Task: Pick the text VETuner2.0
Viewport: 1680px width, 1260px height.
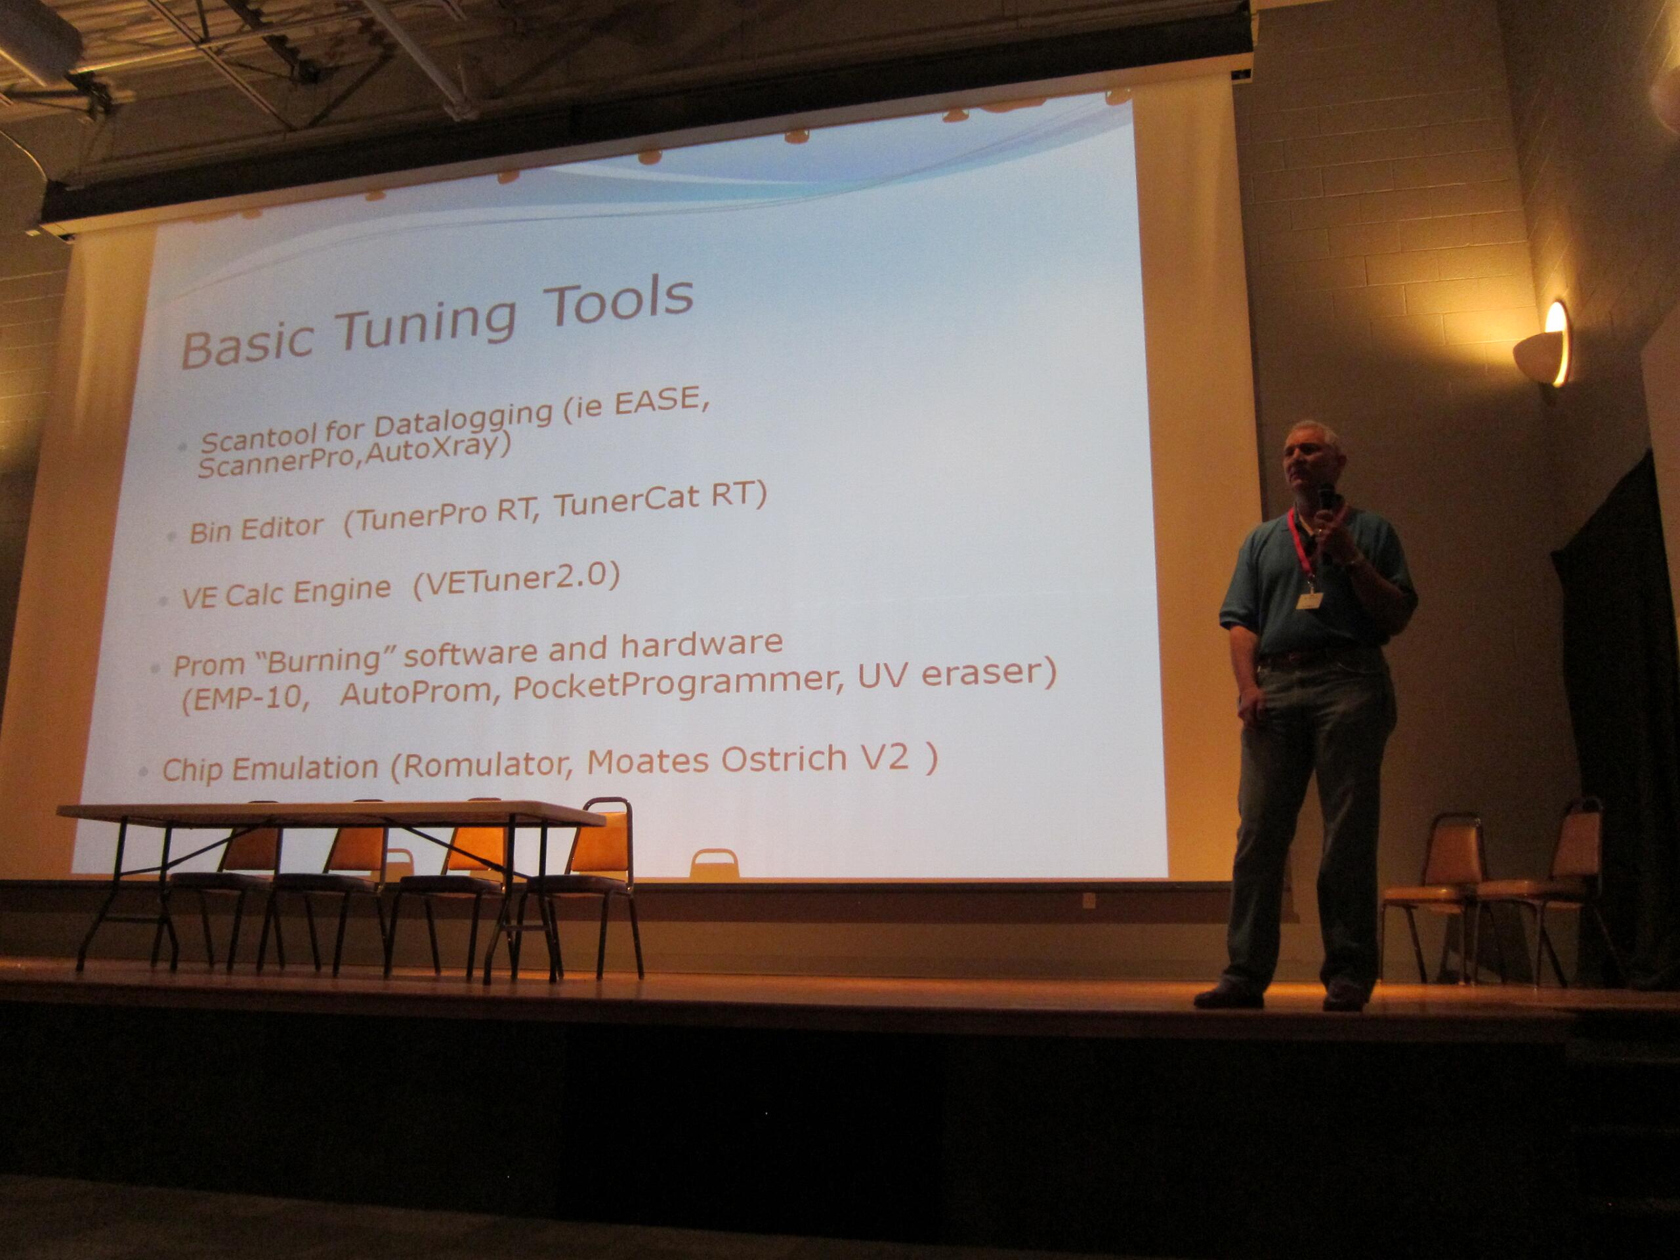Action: (516, 582)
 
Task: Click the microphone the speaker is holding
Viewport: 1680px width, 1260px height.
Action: (1326, 501)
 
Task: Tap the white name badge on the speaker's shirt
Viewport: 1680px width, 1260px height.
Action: (1308, 600)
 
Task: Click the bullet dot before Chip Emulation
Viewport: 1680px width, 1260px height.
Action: (143, 771)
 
